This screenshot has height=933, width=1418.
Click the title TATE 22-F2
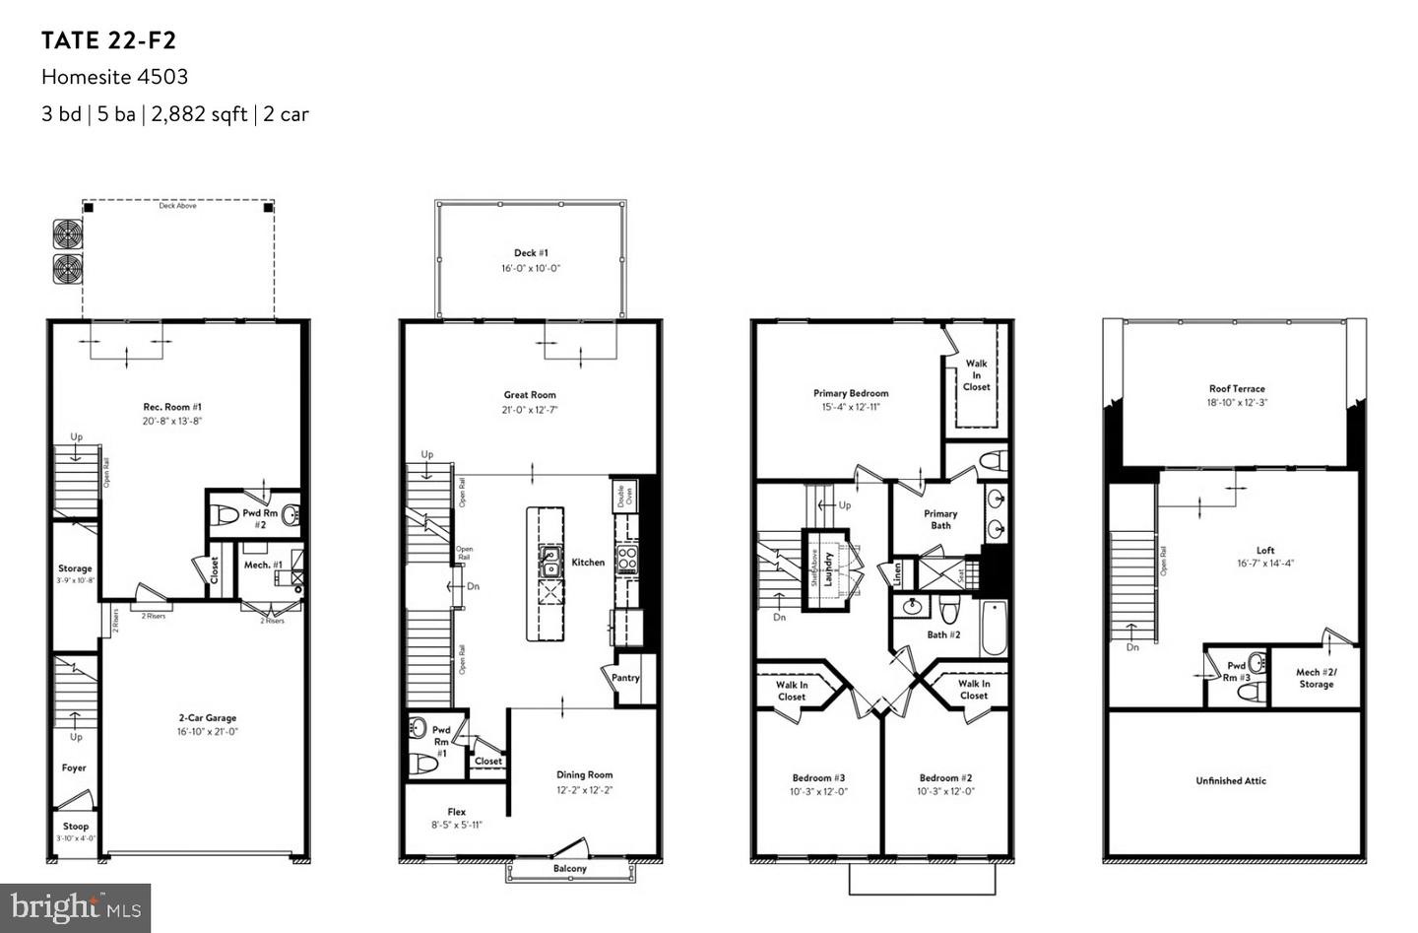(x=108, y=40)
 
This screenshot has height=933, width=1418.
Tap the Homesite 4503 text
(x=114, y=77)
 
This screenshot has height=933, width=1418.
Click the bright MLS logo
(x=76, y=907)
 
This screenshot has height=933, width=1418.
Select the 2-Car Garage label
(x=207, y=718)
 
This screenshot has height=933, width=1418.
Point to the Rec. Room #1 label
(x=172, y=406)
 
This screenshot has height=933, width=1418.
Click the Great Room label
(x=530, y=395)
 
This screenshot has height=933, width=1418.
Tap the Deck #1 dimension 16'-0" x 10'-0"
(x=530, y=268)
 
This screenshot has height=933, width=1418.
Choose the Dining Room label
(x=584, y=774)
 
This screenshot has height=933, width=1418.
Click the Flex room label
(x=456, y=812)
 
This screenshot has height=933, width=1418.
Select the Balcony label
(x=569, y=868)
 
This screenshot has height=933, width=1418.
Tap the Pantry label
(x=625, y=678)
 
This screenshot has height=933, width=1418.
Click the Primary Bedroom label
(x=851, y=393)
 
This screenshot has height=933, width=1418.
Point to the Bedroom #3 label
(x=818, y=777)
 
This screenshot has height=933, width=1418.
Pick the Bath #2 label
(x=943, y=634)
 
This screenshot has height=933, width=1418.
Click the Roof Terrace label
(x=1237, y=389)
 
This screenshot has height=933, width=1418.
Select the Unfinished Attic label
(x=1231, y=780)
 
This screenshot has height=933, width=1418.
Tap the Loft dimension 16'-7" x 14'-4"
(x=1265, y=564)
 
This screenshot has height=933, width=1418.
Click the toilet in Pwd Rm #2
(x=229, y=515)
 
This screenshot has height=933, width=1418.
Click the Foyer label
(x=74, y=767)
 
